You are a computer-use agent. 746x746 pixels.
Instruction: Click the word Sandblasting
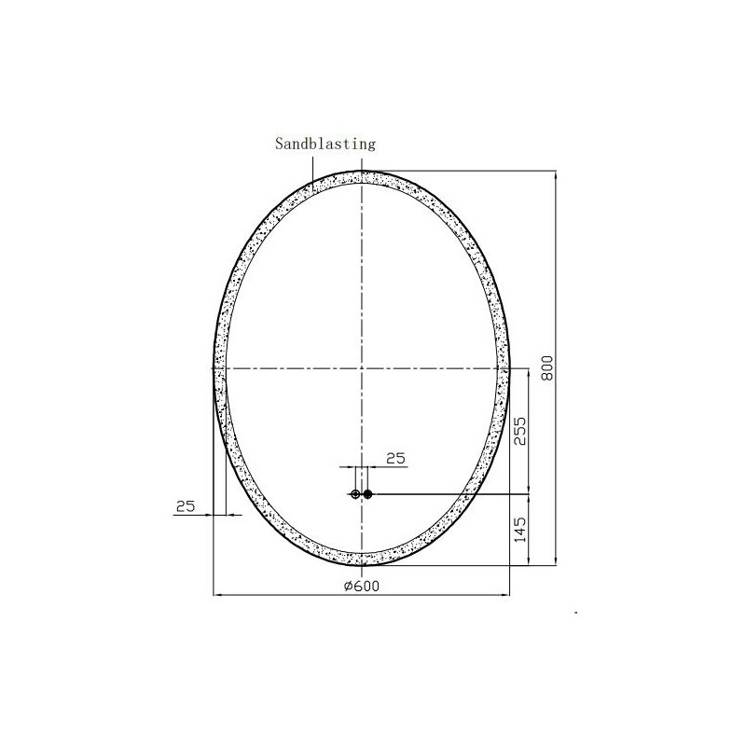tap(325, 144)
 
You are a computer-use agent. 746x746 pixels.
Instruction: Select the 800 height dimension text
tap(547, 367)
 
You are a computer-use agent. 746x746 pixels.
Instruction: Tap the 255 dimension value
tap(521, 431)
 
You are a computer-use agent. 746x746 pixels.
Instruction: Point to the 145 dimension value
tap(521, 530)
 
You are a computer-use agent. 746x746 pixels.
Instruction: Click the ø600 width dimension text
tap(362, 587)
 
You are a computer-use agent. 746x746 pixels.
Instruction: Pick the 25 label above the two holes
tap(395, 459)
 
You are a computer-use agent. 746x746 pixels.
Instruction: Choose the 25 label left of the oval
tap(185, 506)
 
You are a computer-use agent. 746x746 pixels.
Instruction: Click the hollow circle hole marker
tap(355, 494)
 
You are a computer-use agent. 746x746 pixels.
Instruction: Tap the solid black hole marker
tap(367, 494)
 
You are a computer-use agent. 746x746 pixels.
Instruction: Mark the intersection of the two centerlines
tap(362, 368)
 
